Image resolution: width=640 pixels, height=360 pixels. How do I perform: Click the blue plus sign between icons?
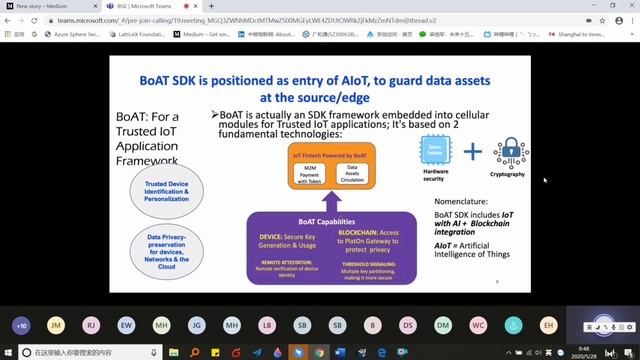(472, 152)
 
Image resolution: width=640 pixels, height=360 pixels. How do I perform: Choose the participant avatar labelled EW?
(126, 326)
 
